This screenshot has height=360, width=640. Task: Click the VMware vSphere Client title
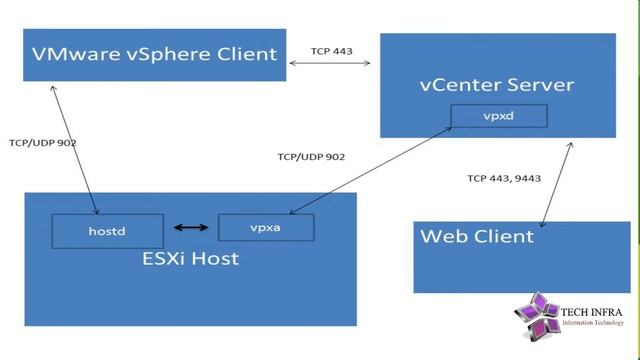tap(154, 54)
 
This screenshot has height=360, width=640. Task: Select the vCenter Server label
tap(482, 84)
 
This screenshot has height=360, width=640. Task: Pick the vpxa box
tap(265, 227)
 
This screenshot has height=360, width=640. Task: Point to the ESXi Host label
tap(189, 260)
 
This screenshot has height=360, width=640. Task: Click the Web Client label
tap(477, 237)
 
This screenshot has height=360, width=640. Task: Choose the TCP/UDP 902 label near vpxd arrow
tap(311, 156)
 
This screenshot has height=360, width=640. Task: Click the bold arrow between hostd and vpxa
tap(192, 228)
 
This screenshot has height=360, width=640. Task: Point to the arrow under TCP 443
tap(330, 64)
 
